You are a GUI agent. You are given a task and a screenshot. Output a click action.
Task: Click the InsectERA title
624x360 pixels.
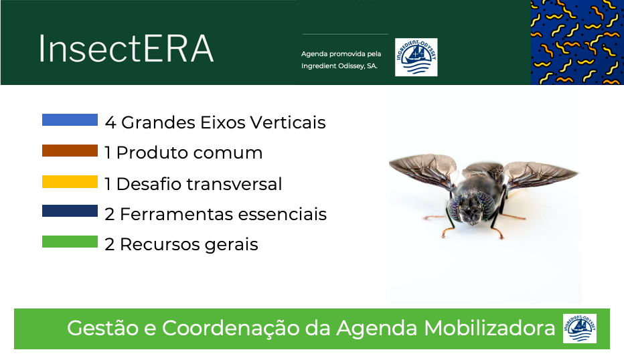pos(126,49)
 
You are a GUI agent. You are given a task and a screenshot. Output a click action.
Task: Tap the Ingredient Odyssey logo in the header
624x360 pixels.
pos(416,57)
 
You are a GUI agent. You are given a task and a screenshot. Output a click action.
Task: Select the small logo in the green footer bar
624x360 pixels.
pos(579,329)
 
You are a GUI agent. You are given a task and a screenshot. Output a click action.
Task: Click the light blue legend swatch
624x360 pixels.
pos(70,120)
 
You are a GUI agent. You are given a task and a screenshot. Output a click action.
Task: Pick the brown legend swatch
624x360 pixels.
pos(70,151)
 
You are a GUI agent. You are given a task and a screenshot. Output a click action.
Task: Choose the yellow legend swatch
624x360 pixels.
pos(70,181)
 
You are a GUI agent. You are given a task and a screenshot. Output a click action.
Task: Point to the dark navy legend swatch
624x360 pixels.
pos(70,211)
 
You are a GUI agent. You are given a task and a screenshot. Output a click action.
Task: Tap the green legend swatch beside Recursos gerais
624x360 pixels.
pos(70,242)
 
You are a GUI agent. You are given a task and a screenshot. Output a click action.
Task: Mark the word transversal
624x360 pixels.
pos(234,184)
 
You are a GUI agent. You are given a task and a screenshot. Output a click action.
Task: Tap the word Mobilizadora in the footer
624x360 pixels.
pos(489,329)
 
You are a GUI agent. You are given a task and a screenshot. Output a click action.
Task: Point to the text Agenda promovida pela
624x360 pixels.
pos(341,54)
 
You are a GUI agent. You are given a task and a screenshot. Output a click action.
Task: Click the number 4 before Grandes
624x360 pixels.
pos(110,122)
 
